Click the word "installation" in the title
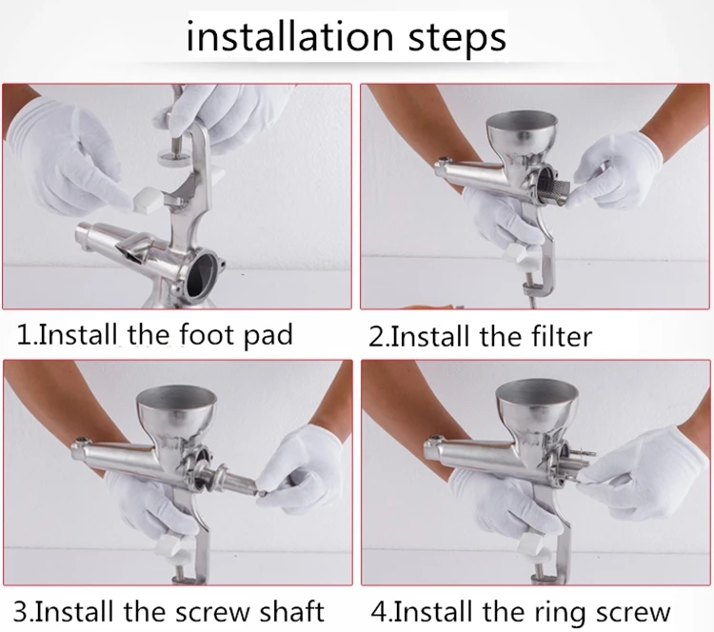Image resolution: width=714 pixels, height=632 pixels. coord(289,35)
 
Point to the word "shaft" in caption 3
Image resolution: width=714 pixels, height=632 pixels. coord(290,611)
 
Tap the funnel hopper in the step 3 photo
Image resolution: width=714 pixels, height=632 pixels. coord(176,411)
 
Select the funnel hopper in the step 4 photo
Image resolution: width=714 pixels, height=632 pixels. coord(536,407)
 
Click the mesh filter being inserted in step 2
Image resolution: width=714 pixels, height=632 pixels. coord(553,192)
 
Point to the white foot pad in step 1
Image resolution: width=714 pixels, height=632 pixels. coord(147,200)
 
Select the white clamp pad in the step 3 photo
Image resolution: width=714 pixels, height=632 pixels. coord(169,546)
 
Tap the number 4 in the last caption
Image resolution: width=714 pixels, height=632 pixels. coord(379,611)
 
